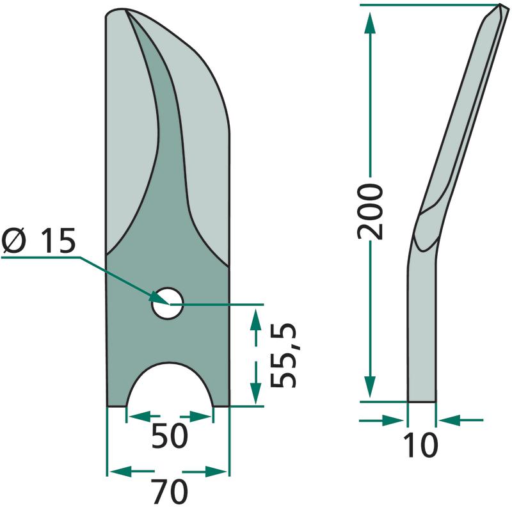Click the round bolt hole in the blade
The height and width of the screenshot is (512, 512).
pos(167,303)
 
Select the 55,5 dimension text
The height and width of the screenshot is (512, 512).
pos(283,356)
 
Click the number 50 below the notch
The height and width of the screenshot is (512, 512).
pos(170,435)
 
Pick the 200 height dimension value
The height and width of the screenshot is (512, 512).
pos(370,212)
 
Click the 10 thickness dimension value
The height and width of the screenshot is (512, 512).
pos(420,445)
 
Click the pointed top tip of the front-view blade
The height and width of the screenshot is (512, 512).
pos(125,9)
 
